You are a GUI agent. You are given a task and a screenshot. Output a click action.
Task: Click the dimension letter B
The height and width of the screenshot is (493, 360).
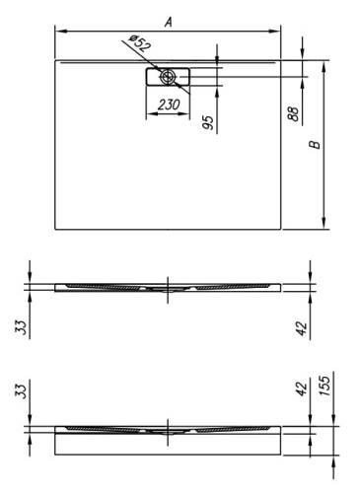(315, 145)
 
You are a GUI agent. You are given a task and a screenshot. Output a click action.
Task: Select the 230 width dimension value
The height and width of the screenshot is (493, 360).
(169, 103)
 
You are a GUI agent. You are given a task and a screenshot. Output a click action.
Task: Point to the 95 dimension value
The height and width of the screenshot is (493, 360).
(209, 122)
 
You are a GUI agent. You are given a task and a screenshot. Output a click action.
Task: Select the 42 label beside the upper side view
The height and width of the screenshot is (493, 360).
(302, 326)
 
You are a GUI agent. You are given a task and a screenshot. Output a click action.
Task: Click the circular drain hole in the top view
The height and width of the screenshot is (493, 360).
(170, 77)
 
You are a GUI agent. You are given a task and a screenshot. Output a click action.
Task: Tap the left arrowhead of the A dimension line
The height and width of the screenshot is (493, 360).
(58, 31)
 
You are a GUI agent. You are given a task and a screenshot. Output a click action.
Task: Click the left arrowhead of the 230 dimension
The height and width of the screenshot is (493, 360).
(150, 111)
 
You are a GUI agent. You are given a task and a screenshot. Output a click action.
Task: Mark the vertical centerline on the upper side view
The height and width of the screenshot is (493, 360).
(169, 286)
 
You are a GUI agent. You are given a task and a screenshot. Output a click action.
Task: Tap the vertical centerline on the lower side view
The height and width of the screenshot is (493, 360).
(169, 431)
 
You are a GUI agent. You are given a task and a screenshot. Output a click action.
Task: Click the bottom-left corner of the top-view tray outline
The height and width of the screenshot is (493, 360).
(54, 229)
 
